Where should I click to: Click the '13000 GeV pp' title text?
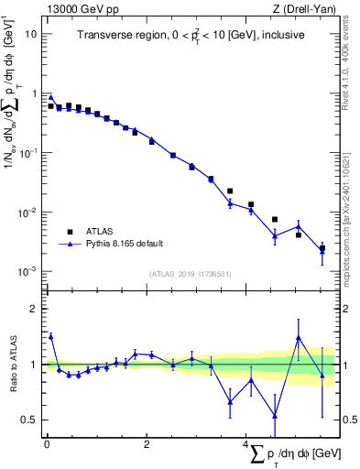coord(80,9)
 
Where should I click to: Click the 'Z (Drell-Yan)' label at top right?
coord(308,9)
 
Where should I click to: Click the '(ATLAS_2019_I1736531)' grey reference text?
coord(191,274)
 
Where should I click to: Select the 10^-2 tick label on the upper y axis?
coord(28,213)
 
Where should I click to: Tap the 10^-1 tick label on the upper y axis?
coord(28,153)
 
